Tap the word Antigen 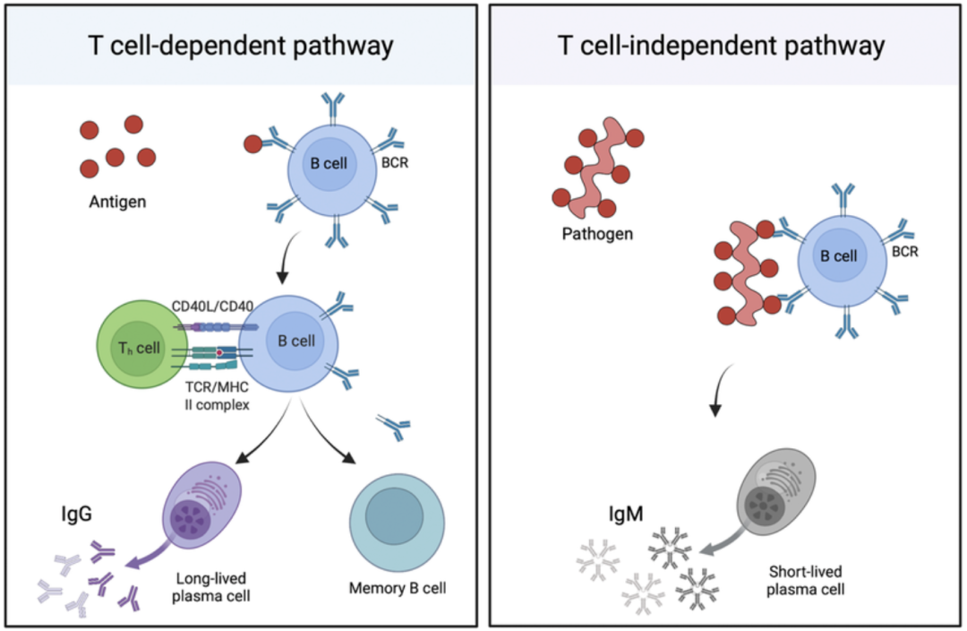pos(116,203)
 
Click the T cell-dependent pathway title pos(240,46)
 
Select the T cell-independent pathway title pos(722,46)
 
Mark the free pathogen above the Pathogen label pos(595,165)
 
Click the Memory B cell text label pos(398,589)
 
